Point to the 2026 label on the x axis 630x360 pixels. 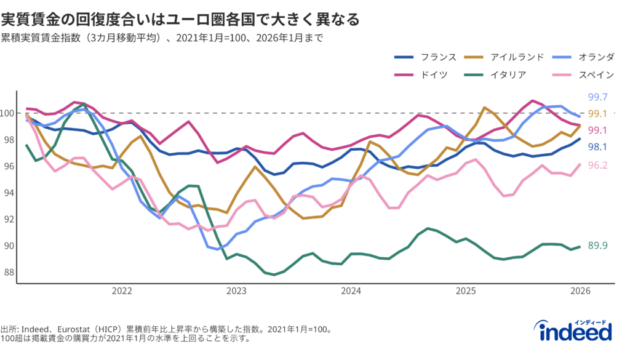[581, 290]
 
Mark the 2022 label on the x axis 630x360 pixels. [121, 290]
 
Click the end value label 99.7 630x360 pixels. [598, 97]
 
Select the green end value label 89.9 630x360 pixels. [598, 246]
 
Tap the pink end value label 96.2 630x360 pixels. [598, 165]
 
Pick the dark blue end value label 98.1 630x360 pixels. [598, 146]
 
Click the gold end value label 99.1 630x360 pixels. [598, 114]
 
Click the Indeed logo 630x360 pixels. [576, 331]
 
